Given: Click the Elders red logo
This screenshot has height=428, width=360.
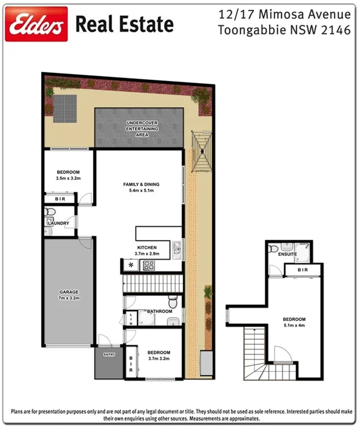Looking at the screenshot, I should pos(36,24).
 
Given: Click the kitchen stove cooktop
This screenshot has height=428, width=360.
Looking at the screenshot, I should pos(150,265).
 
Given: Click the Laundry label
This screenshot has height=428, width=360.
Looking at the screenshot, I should pos(59,223).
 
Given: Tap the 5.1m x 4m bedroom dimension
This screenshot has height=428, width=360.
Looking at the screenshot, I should pos(293,325).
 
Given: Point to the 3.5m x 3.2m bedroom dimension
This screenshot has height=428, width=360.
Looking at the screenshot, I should pos(68,178).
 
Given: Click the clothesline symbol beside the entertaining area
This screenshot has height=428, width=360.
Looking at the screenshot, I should pos(202,150).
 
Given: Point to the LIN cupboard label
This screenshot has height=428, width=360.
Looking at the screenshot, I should pos(130,318).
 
